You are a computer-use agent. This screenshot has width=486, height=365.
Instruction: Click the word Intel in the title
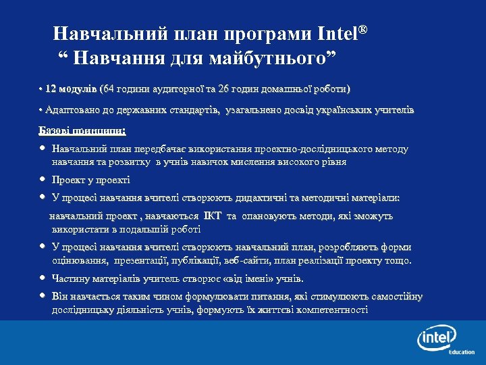(339, 33)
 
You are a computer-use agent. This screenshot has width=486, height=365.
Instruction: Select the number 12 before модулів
(51, 89)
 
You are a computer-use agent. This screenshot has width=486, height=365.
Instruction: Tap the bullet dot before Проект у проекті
(43, 180)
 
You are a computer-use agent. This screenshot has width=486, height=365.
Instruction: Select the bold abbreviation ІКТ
(212, 216)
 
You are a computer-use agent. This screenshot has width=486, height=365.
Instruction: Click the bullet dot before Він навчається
(43, 295)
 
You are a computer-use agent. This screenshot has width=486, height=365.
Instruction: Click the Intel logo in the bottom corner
(436, 337)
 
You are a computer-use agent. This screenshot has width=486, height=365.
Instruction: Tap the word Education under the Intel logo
(462, 352)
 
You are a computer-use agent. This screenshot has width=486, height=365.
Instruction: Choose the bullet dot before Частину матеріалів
(43, 278)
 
